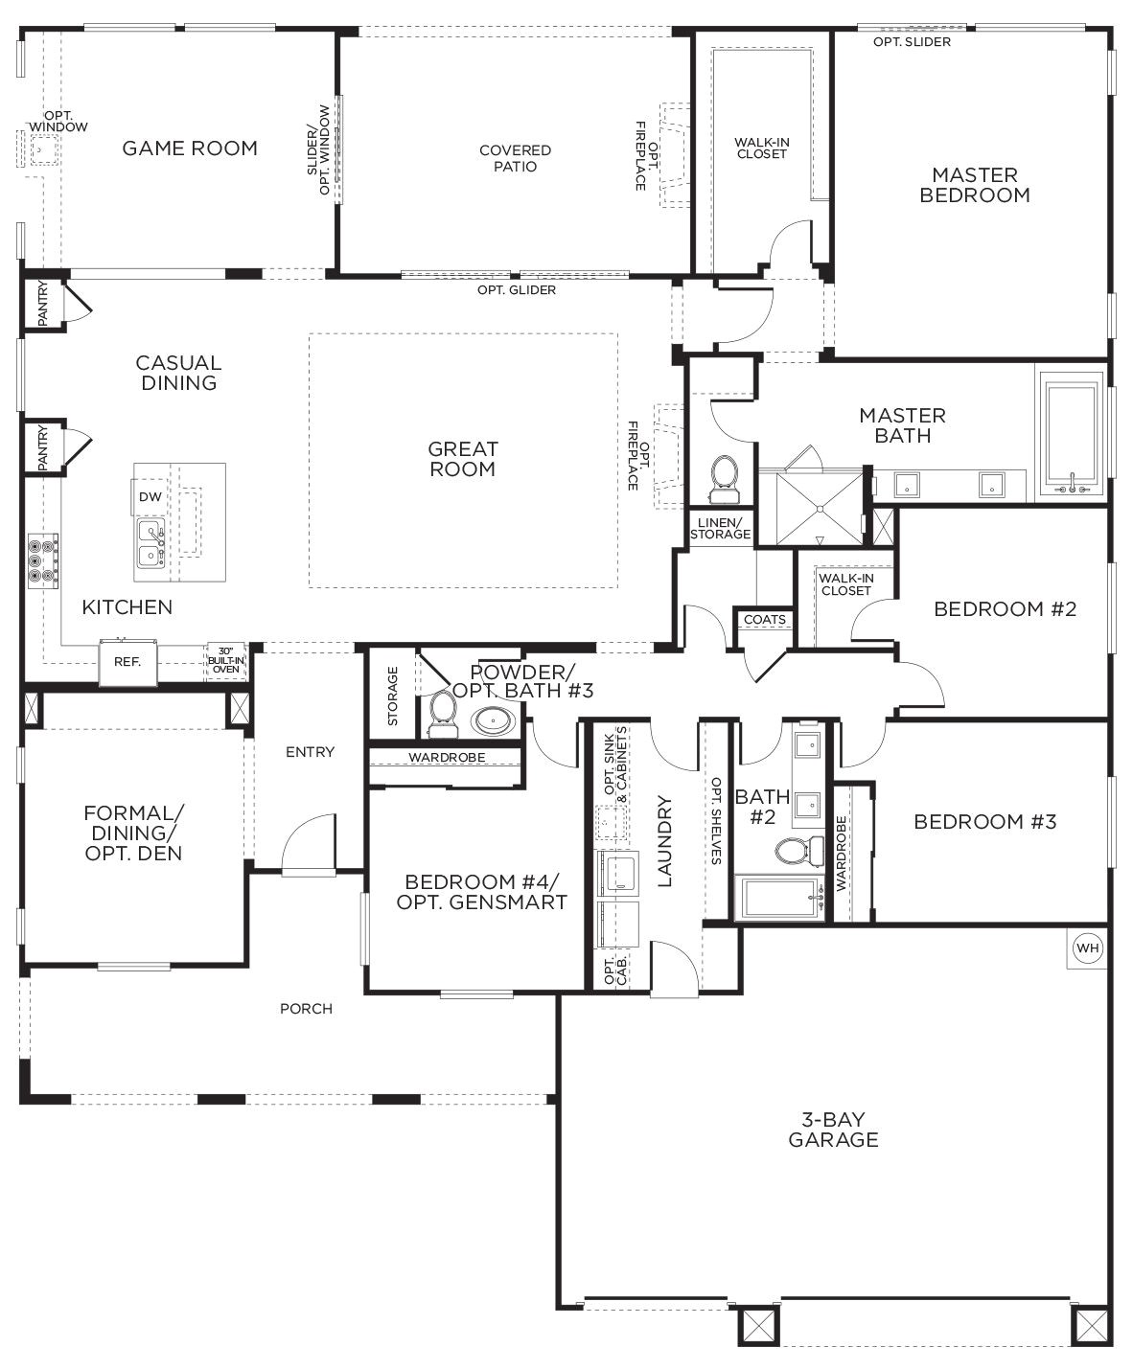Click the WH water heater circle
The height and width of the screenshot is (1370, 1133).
[x=1087, y=948]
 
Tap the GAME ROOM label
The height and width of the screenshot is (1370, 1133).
[x=190, y=148]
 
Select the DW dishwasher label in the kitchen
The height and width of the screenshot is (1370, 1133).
[x=150, y=496]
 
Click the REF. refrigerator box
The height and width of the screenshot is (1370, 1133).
[x=127, y=661]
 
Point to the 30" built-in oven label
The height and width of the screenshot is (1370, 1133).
[x=226, y=660]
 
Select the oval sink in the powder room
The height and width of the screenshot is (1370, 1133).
[x=489, y=720]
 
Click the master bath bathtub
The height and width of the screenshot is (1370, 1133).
[x=1072, y=435]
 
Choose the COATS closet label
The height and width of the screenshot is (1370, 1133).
[x=764, y=620]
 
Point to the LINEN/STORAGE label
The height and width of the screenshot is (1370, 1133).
[x=720, y=528]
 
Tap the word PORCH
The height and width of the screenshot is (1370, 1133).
[x=306, y=1009]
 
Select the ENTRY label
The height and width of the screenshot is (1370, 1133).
[x=310, y=752]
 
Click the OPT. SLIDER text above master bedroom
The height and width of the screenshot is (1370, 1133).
[x=912, y=42]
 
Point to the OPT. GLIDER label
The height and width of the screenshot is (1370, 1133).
[x=517, y=290]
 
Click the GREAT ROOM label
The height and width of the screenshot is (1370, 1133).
[x=463, y=459]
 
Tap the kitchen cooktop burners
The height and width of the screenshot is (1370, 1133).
[x=43, y=560]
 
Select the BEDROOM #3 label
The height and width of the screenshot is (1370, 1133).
[x=984, y=821]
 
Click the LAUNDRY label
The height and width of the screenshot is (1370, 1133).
[x=665, y=841]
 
